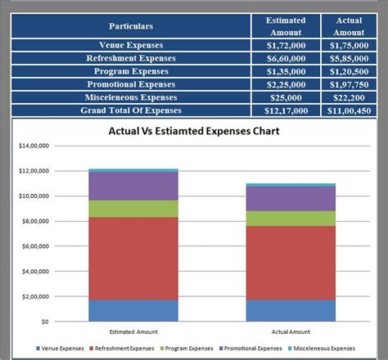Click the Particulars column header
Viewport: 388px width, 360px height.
[131, 26]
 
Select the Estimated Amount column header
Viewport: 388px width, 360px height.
[286, 26]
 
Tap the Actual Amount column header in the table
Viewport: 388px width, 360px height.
[349, 26]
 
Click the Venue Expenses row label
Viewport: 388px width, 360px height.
[131, 45]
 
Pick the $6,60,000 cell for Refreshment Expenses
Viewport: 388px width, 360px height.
[286, 58]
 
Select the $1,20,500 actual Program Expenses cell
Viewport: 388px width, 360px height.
[349, 71]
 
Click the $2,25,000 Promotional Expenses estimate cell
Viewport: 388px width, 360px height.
[286, 84]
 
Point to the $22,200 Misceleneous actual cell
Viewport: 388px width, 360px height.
[349, 97]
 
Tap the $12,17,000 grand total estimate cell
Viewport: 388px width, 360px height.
[286, 110]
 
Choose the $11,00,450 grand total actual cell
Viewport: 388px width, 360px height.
[349, 110]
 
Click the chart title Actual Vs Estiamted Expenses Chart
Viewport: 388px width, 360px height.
[194, 131]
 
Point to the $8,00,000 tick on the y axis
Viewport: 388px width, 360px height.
[34, 221]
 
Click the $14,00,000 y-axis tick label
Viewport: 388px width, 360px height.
[34, 146]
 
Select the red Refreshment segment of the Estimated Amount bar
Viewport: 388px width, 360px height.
[133, 258]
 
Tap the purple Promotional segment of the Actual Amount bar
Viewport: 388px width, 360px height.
[291, 198]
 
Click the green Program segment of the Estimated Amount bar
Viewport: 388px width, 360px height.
[133, 209]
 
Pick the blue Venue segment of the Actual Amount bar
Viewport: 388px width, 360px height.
[291, 311]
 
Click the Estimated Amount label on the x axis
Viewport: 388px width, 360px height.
[133, 331]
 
